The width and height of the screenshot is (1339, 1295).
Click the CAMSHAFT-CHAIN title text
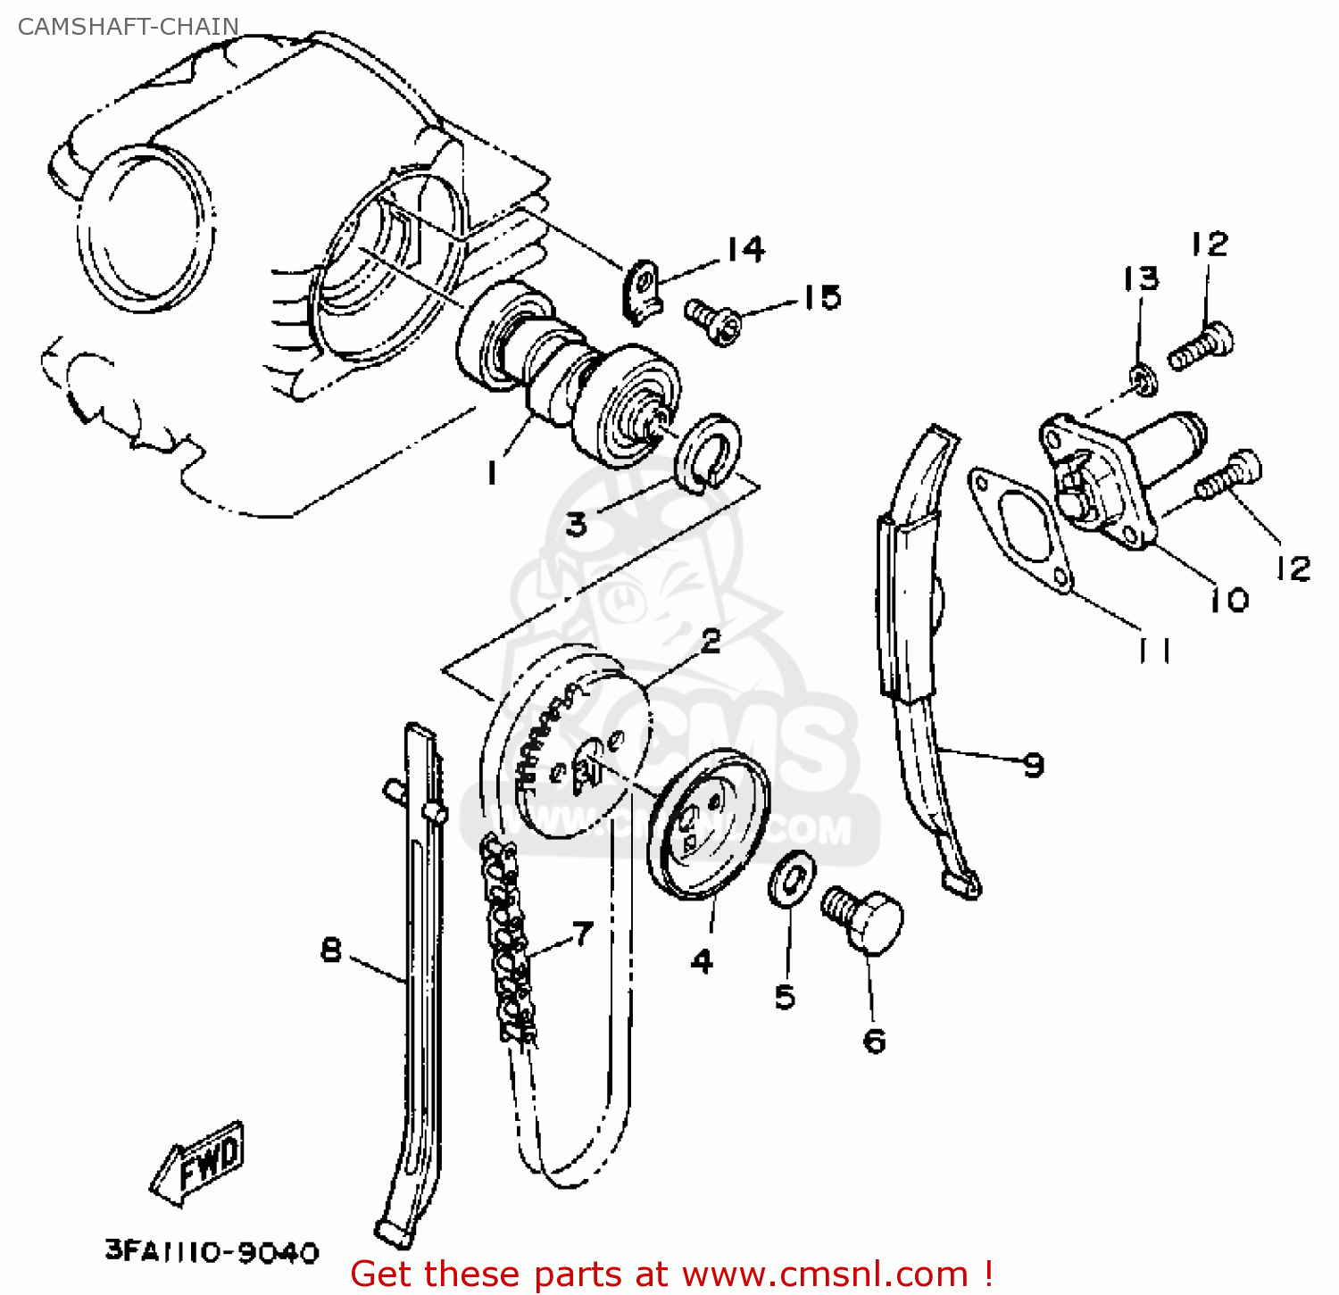[x=129, y=27]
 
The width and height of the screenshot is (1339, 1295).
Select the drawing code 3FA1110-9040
[x=212, y=1251]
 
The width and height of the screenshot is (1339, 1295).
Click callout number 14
[x=745, y=249]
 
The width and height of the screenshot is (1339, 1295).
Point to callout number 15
[x=822, y=297]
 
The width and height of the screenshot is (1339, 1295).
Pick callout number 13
[x=1140, y=278]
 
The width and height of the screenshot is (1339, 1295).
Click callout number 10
[x=1230, y=600]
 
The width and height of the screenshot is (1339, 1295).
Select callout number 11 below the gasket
[x=1154, y=651]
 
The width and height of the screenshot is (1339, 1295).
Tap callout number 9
[x=1034, y=765]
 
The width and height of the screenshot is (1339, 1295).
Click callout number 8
[x=331, y=950]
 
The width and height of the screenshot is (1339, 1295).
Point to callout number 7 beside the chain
[x=582, y=934]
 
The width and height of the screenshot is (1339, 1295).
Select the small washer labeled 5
[x=791, y=879]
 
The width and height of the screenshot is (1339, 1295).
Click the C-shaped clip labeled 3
[x=709, y=451]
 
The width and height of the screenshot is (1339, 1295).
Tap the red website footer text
[x=671, y=1274]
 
